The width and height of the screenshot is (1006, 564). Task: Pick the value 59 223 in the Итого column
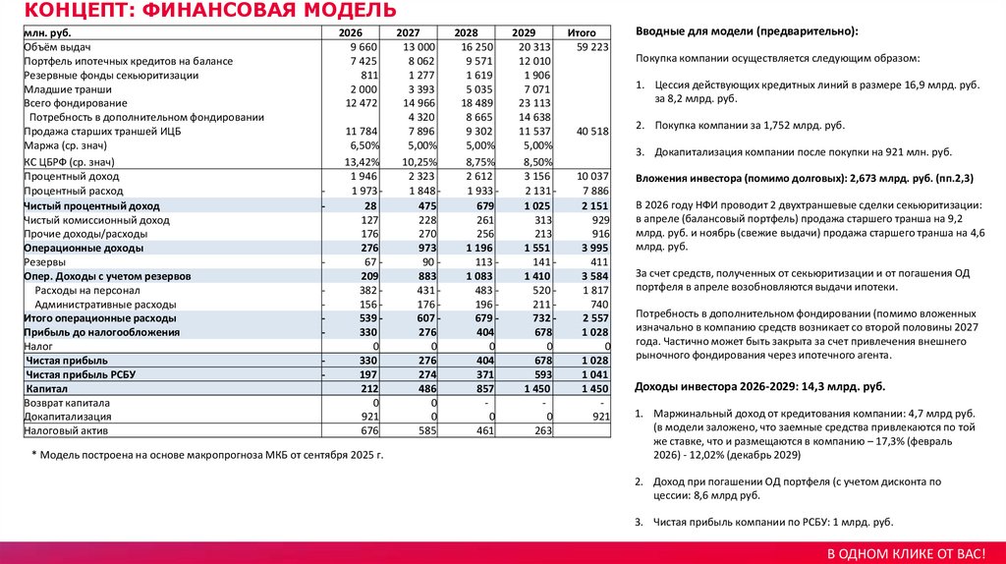coord(592,47)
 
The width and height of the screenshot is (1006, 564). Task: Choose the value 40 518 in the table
coord(592,132)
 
